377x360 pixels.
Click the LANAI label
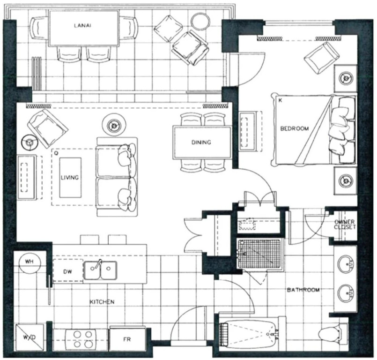click(82, 25)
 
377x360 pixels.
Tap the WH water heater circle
click(30, 262)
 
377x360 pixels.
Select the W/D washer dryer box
click(30, 337)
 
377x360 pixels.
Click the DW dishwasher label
click(67, 272)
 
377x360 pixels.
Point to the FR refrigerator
click(127, 339)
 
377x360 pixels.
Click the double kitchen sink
click(100, 270)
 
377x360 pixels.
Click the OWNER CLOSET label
click(345, 224)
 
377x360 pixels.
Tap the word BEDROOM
click(295, 128)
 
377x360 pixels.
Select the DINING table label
click(201, 142)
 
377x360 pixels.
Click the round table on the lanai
click(200, 21)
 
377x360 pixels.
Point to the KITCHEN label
click(102, 302)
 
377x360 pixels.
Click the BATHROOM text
click(303, 290)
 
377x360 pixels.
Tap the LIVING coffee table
click(70, 178)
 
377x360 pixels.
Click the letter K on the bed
click(280, 101)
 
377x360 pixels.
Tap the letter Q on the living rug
click(56, 152)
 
